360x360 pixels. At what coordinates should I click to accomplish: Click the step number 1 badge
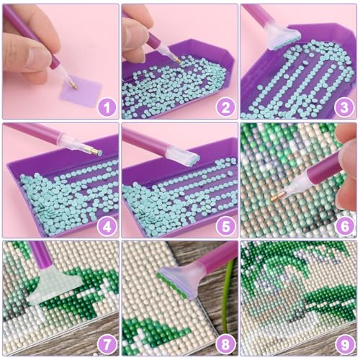(107, 108)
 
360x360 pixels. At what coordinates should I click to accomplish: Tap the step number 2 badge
(226, 108)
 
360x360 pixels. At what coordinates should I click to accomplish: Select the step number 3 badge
(344, 108)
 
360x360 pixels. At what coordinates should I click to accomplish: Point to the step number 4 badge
(107, 226)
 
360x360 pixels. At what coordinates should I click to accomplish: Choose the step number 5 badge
(226, 226)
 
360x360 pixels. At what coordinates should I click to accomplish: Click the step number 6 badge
(344, 226)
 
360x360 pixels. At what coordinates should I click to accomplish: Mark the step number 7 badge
(107, 345)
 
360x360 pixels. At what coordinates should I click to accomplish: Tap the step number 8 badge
(226, 345)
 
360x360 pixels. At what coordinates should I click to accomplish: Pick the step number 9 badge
(344, 345)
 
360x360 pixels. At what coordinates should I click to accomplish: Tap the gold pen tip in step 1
(73, 86)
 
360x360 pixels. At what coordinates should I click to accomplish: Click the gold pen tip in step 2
(177, 60)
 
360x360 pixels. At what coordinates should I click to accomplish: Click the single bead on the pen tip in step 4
(99, 153)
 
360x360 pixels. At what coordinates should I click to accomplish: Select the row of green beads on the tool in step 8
(172, 285)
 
